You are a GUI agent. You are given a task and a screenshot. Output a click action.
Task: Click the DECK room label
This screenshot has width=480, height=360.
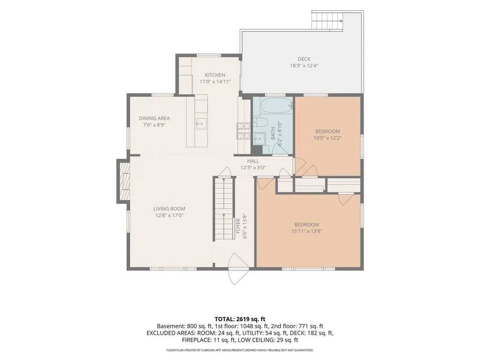[x=304, y=59]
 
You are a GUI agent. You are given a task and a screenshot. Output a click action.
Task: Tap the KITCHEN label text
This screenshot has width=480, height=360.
[x=215, y=75]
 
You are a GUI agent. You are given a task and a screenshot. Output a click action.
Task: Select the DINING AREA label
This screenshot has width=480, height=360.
[x=154, y=118]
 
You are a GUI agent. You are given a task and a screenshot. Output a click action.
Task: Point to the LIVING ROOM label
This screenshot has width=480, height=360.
[x=169, y=209]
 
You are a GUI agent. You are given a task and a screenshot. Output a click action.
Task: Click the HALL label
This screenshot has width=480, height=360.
[x=253, y=161]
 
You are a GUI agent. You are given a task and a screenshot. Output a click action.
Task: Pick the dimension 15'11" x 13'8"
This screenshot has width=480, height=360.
[x=307, y=231]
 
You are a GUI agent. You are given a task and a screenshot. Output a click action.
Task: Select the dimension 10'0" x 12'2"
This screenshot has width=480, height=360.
[x=327, y=138]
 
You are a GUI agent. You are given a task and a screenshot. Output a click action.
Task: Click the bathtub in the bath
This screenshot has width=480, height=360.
[x=277, y=106]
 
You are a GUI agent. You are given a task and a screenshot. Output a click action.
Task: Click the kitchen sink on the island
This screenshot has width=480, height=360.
[x=201, y=124]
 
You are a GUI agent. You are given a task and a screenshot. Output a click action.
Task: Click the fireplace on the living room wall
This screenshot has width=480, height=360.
[x=124, y=181]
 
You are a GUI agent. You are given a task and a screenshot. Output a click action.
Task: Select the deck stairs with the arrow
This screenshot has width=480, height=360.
[x=327, y=21]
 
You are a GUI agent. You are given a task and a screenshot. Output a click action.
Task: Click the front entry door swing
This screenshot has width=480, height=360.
[x=238, y=269]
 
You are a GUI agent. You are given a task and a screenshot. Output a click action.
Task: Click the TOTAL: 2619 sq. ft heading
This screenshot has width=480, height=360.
[x=240, y=319]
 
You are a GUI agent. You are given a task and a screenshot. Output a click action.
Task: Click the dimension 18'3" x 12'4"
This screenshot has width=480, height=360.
[x=304, y=66]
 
